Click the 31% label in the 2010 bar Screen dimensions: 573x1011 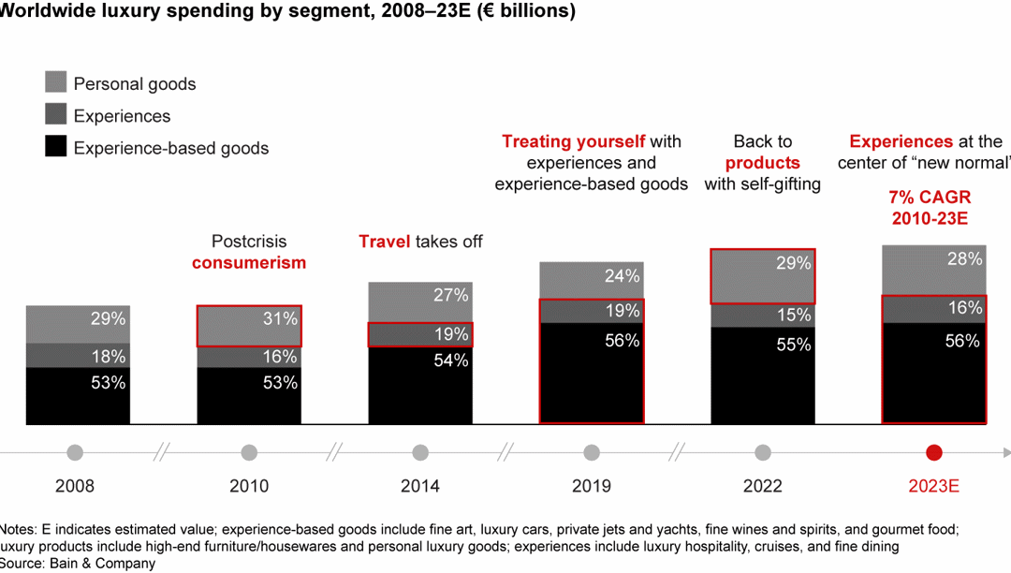tap(281, 319)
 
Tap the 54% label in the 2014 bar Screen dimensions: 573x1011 tap(452, 360)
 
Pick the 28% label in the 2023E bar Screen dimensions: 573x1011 tap(964, 258)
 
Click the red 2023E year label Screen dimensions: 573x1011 tap(933, 486)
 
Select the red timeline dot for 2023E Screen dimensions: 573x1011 tap(933, 453)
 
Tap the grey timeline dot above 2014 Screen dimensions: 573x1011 tap(420, 453)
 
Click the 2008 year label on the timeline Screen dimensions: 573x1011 tap(75, 486)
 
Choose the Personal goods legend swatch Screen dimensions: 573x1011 tap(55, 82)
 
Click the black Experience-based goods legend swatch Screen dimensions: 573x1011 tap(55, 147)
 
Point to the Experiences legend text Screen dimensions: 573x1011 tap(122, 116)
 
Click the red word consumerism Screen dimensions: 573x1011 tap(249, 262)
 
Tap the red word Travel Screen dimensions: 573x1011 tap(385, 242)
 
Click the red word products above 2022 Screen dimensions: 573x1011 tap(763, 163)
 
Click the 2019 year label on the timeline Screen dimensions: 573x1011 tap(592, 486)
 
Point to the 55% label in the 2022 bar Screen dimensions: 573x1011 tap(793, 345)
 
